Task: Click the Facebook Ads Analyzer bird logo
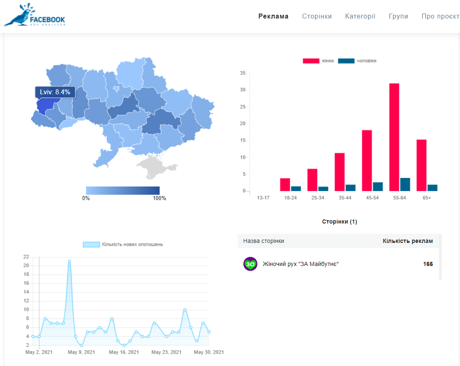(x=34, y=15)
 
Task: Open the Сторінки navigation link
(x=317, y=16)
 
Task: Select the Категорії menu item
(x=360, y=16)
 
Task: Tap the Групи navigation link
(x=398, y=16)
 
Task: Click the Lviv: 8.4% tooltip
(x=55, y=92)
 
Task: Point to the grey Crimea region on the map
(x=156, y=167)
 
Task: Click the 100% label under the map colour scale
(x=159, y=198)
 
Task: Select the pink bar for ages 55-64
(x=394, y=137)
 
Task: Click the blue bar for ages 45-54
(x=378, y=187)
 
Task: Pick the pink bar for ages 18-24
(x=285, y=185)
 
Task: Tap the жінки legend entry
(x=318, y=61)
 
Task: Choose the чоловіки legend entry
(x=357, y=61)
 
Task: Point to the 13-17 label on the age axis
(x=263, y=198)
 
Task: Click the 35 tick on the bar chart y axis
(x=243, y=73)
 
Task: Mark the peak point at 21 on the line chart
(x=69, y=261)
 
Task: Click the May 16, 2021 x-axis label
(x=124, y=352)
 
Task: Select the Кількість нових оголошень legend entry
(x=123, y=244)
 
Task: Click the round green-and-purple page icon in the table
(x=250, y=264)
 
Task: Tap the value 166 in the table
(x=428, y=264)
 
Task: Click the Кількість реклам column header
(x=408, y=241)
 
